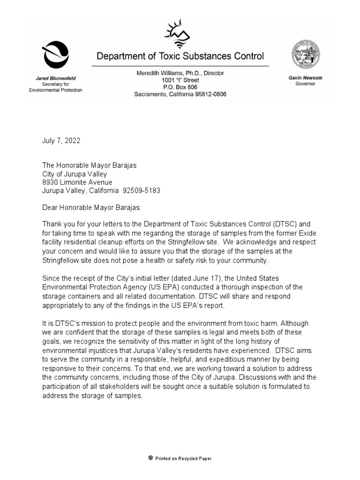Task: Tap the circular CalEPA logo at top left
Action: (x=56, y=54)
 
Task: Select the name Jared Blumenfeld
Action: (x=56, y=78)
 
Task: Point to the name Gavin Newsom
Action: (x=305, y=77)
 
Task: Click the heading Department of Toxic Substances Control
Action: (x=180, y=56)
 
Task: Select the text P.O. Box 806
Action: (x=180, y=87)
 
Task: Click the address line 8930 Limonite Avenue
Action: (x=77, y=182)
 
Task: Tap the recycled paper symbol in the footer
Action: (x=150, y=458)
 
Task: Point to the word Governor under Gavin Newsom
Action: (x=305, y=83)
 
